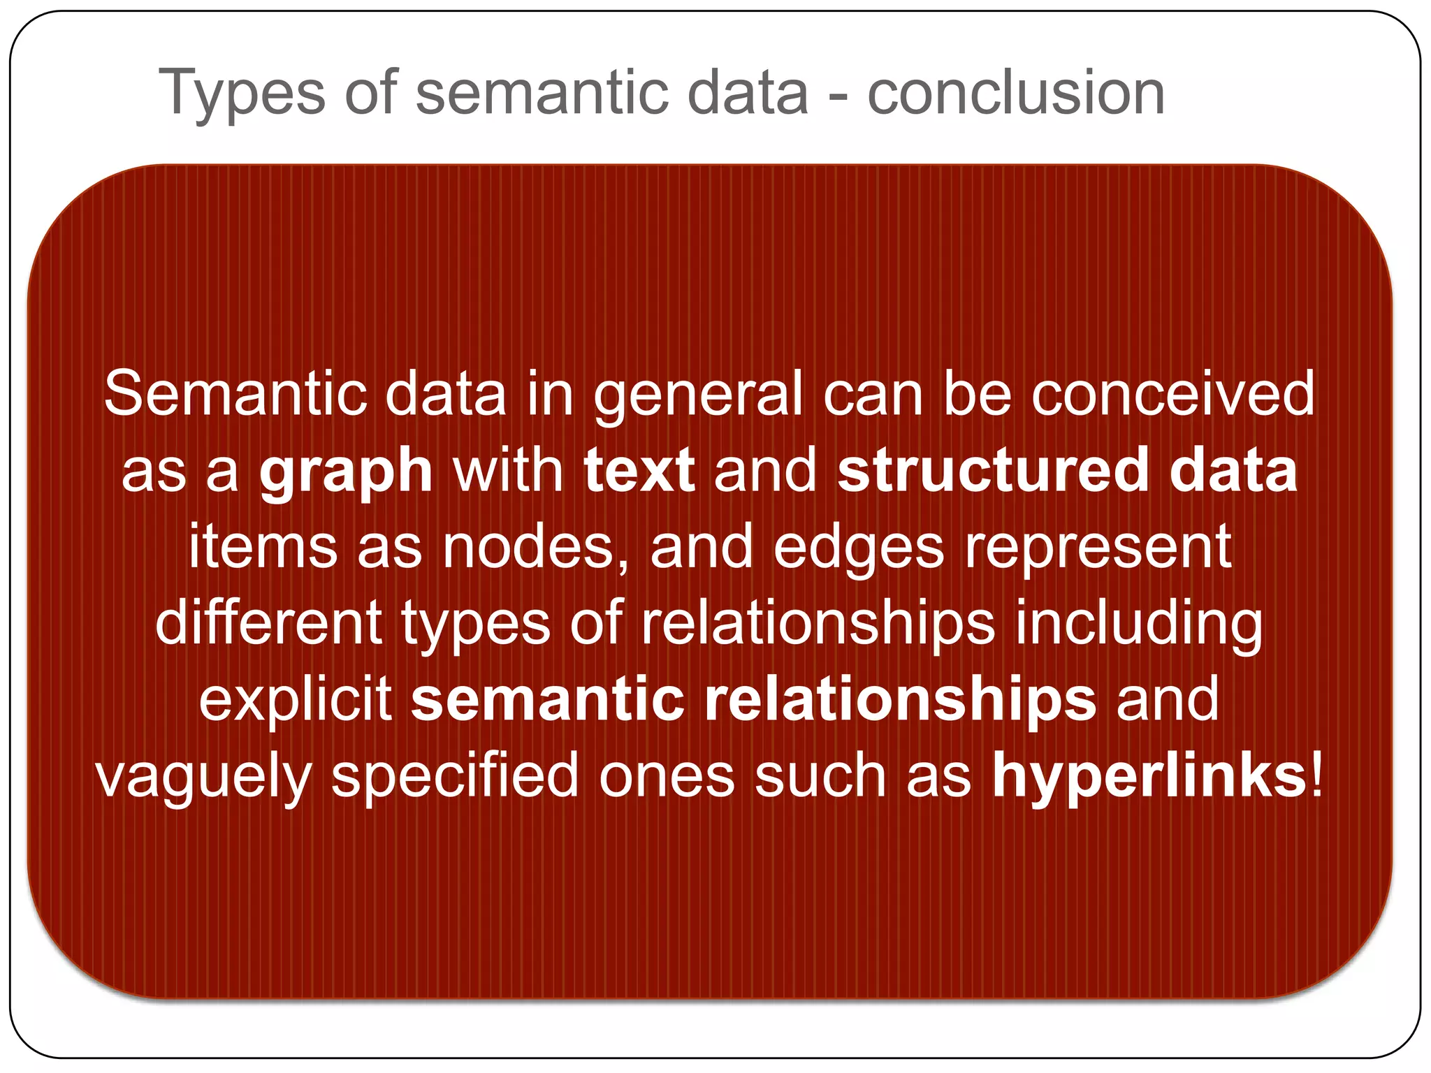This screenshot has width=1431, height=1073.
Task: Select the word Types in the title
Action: [242, 95]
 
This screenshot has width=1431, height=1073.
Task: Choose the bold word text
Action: [639, 471]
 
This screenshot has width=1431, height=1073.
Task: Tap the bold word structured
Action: [993, 471]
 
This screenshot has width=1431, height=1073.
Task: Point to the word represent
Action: [1098, 548]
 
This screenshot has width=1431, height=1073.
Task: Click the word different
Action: [268, 623]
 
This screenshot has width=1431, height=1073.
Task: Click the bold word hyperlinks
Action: [1149, 777]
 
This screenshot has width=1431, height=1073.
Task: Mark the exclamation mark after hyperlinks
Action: [1317, 775]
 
